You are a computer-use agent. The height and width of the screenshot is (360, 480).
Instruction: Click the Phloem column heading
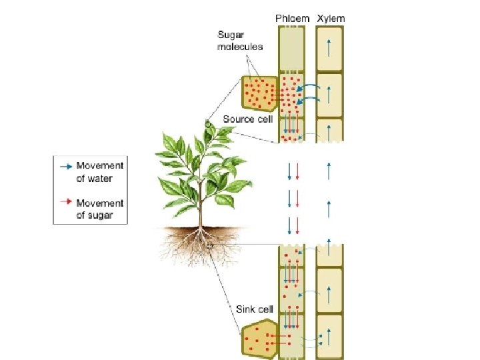[x=293, y=19]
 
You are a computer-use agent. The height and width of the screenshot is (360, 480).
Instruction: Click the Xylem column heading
[x=331, y=19]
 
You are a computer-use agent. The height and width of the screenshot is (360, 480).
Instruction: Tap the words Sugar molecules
[x=240, y=40]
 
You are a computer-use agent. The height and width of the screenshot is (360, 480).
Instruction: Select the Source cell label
[x=248, y=119]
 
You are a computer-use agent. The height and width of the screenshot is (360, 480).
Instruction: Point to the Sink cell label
[x=255, y=309]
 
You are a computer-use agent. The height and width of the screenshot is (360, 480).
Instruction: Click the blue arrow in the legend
[x=65, y=165]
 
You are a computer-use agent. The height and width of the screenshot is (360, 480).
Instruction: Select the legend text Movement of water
[x=100, y=172]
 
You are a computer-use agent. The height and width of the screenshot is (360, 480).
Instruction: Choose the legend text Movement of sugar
[x=100, y=209]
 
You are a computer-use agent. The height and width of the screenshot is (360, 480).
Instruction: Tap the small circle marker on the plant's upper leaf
[x=207, y=124]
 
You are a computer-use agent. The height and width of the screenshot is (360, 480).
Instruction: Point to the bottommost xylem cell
[x=329, y=333]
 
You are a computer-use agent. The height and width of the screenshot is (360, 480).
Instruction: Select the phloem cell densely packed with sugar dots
[x=291, y=94]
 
